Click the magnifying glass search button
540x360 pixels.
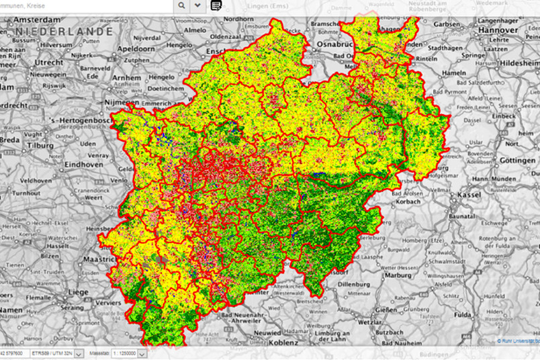(x=182, y=5)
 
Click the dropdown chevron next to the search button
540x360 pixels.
(x=197, y=5)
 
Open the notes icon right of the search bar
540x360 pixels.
(x=216, y=5)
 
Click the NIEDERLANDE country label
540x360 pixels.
(x=64, y=32)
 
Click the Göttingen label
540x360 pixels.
(x=518, y=161)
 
